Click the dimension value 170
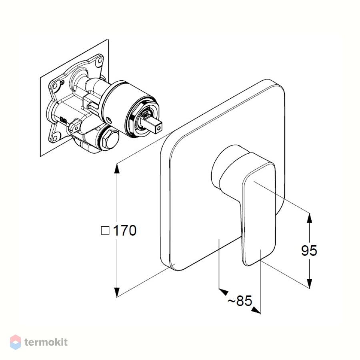(125, 230)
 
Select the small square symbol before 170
(105, 230)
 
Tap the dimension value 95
(309, 250)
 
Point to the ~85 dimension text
(240, 300)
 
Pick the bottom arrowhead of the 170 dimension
(117, 292)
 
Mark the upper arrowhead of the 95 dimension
(310, 218)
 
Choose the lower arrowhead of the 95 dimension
(310, 283)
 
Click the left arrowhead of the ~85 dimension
(223, 291)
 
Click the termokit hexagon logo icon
(16, 342)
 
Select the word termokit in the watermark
(46, 342)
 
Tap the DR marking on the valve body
(63, 120)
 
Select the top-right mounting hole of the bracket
(100, 60)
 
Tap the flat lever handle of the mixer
(258, 214)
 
